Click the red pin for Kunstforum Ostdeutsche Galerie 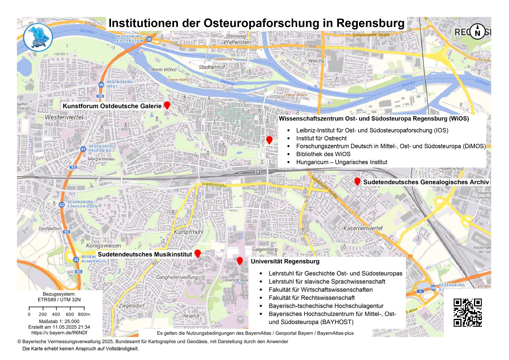pos(167,105)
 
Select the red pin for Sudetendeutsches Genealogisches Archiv pos(357,181)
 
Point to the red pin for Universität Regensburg pos(240,260)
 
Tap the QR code pos(467,313)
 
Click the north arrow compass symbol pos(477,31)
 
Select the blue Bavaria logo pos(38,38)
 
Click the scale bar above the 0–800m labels pos(57,308)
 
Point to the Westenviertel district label pos(64,117)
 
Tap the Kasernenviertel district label pos(363,228)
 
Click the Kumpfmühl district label pos(189,232)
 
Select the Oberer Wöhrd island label pos(163,70)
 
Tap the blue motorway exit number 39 pos(149,39)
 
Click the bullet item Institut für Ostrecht pos(321,138)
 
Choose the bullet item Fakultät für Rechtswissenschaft pos(312,298)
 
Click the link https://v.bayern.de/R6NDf pos(59,333)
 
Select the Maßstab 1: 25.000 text pos(59,321)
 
